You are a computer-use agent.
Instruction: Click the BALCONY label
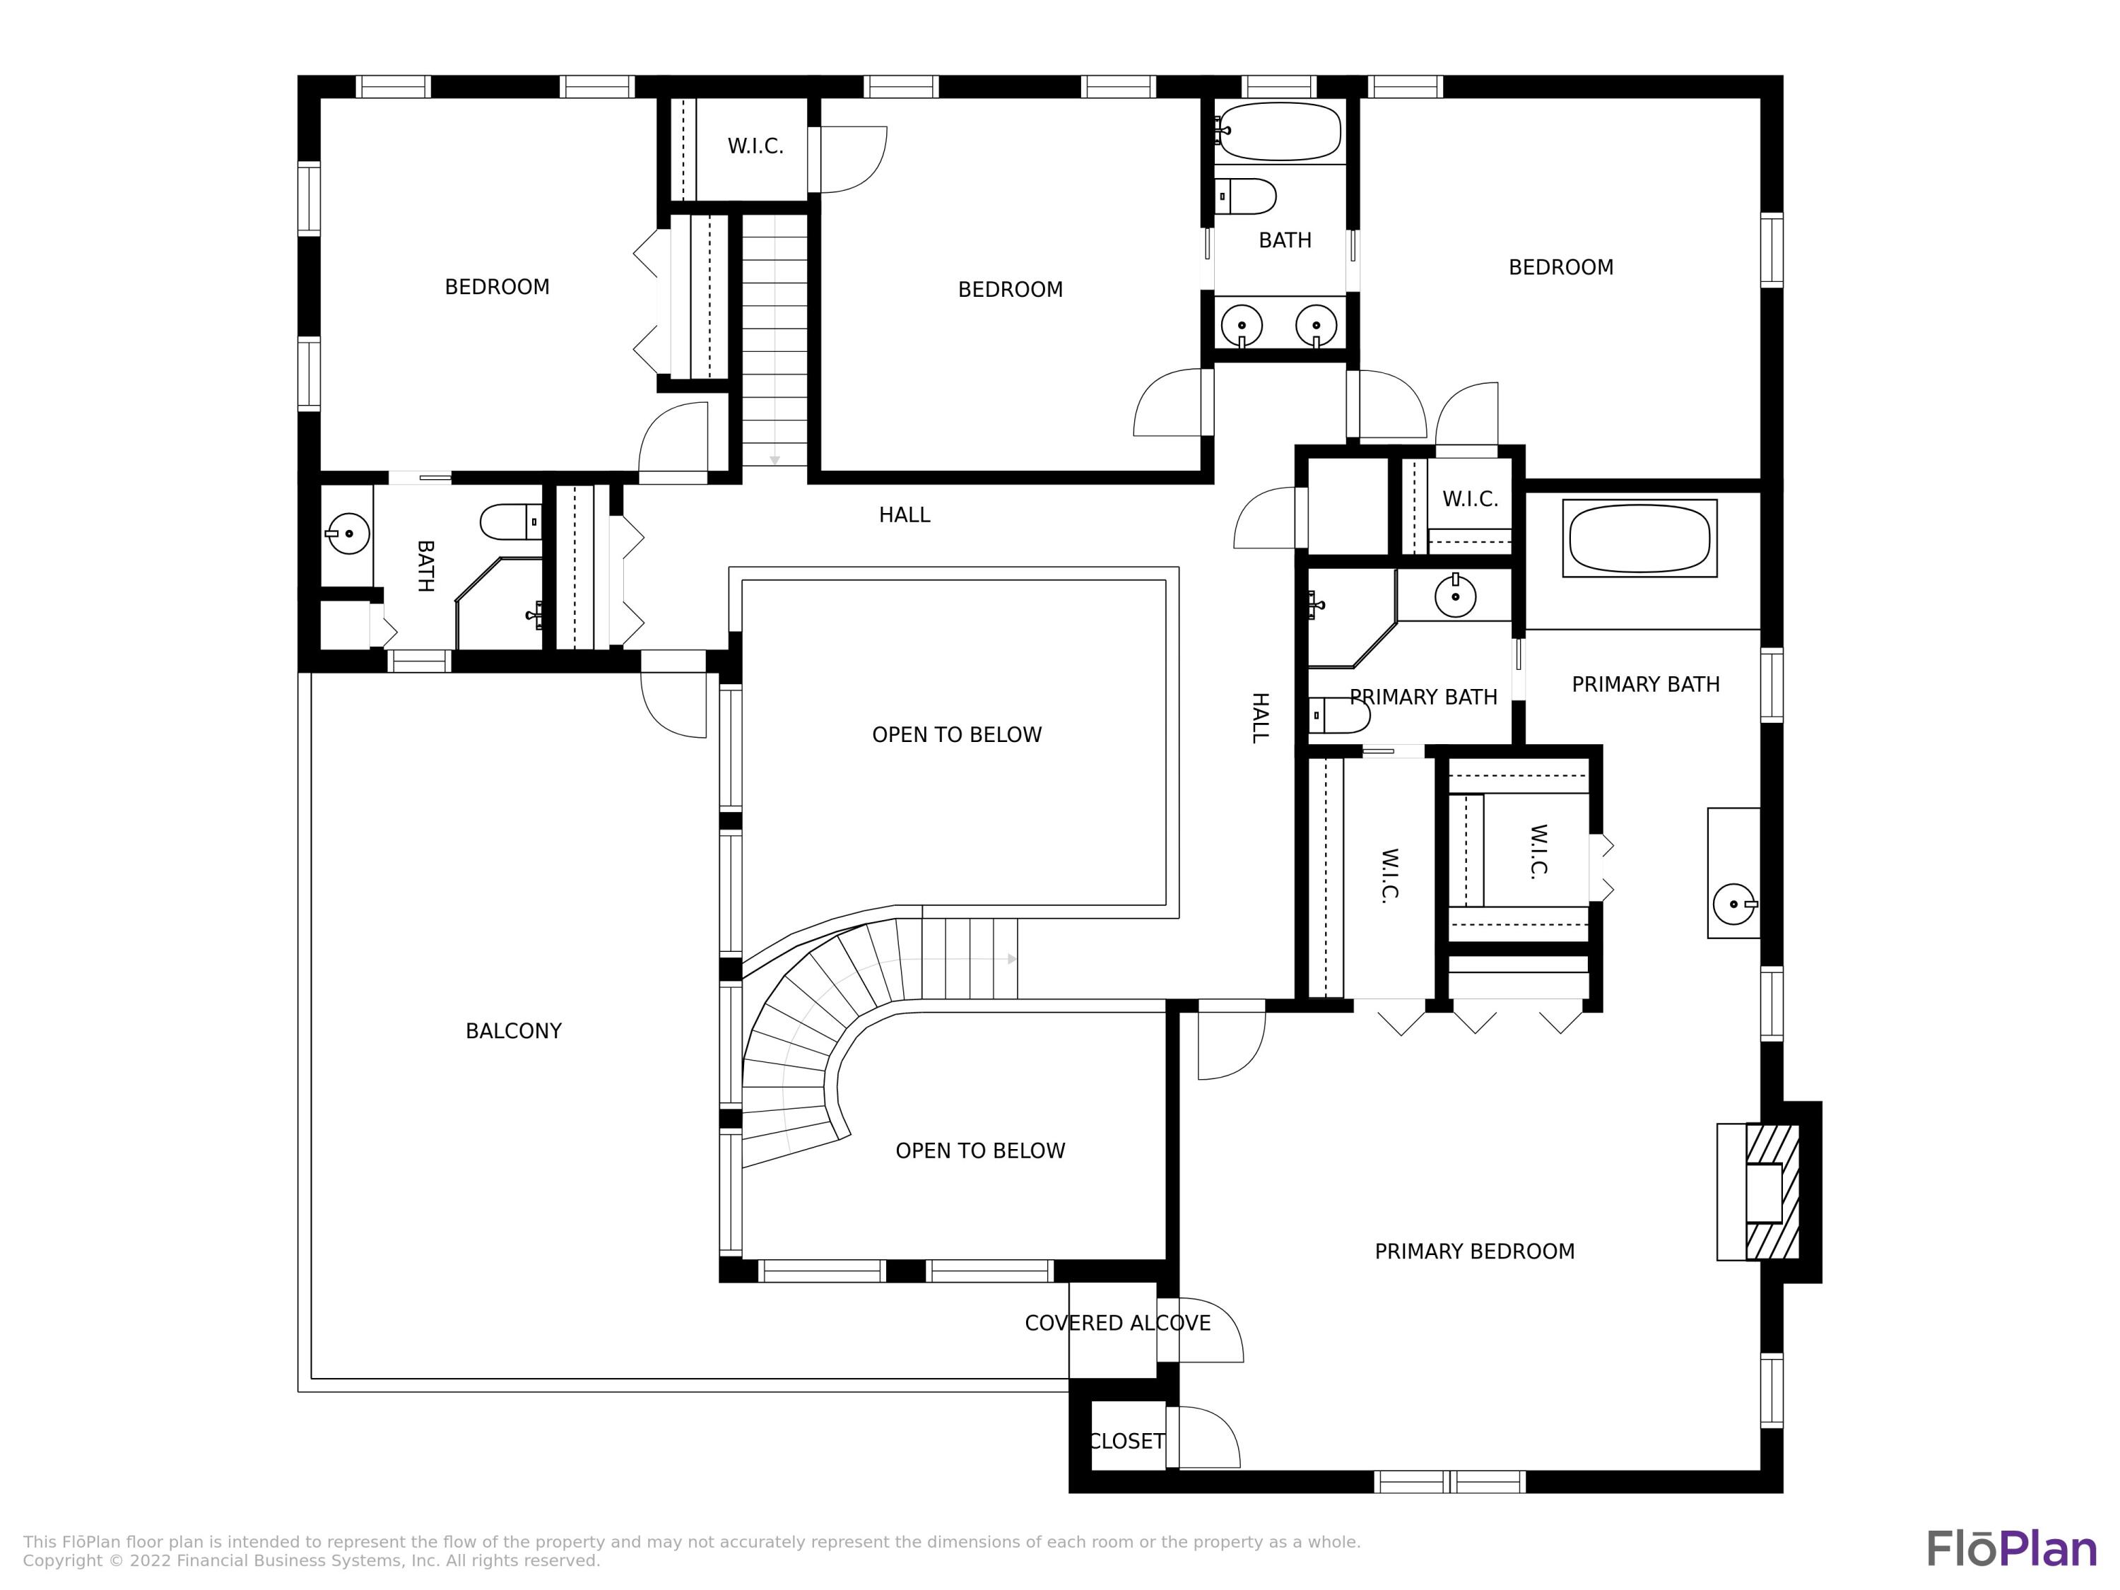point(514,1031)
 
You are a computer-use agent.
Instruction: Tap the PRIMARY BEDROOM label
point(1475,1252)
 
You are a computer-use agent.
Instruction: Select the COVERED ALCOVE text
point(1117,1324)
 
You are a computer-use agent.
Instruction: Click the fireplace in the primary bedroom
point(1759,1192)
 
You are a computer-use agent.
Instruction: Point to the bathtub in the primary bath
point(1640,538)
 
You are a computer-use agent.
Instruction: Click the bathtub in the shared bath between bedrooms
point(1280,131)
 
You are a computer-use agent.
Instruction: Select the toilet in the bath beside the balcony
point(511,522)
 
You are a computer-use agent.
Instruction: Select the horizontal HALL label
point(905,516)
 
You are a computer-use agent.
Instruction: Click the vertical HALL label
point(1260,718)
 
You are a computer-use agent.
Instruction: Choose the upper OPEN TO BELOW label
point(957,735)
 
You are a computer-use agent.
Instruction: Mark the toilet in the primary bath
point(1339,716)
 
